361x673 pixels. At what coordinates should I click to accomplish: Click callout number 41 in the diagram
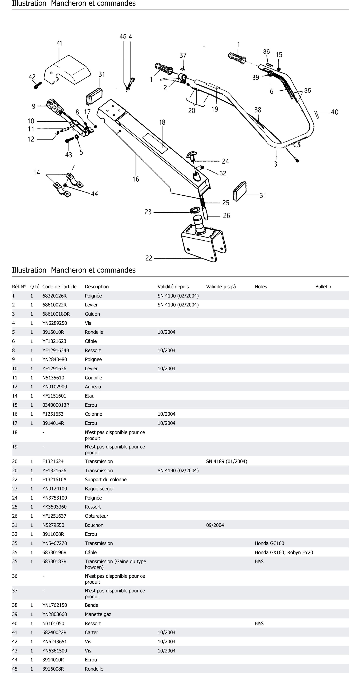pyautogui.click(x=59, y=43)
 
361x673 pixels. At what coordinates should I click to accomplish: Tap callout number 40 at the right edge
pyautogui.click(x=334, y=112)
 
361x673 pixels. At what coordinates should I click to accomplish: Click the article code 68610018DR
pyautogui.click(x=56, y=314)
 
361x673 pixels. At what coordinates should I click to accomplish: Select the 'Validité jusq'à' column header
pyautogui.click(x=221, y=287)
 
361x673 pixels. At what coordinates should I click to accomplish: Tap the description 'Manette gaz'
pyautogui.click(x=98, y=614)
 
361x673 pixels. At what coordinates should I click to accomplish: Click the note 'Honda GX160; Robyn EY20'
pyautogui.click(x=284, y=552)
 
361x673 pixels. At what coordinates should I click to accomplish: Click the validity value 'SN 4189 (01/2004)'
pyautogui.click(x=226, y=461)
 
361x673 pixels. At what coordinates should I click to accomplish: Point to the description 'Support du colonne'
pyautogui.click(x=105, y=479)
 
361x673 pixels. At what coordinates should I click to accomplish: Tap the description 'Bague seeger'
pyautogui.click(x=99, y=489)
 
